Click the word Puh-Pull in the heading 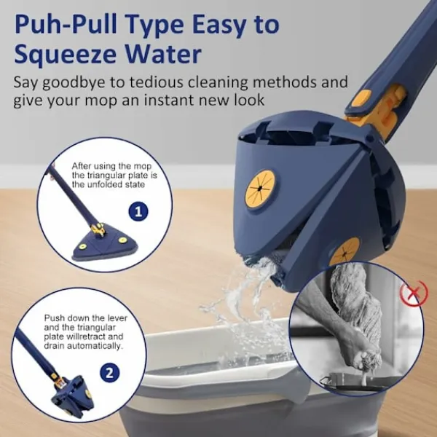[x=66, y=25]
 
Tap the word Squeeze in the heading [x=65, y=55]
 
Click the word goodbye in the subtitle [x=74, y=83]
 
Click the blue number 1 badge [x=138, y=211]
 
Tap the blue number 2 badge [x=109, y=372]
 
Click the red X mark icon [x=414, y=294]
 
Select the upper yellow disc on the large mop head [x=260, y=189]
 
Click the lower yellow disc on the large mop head [x=345, y=251]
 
